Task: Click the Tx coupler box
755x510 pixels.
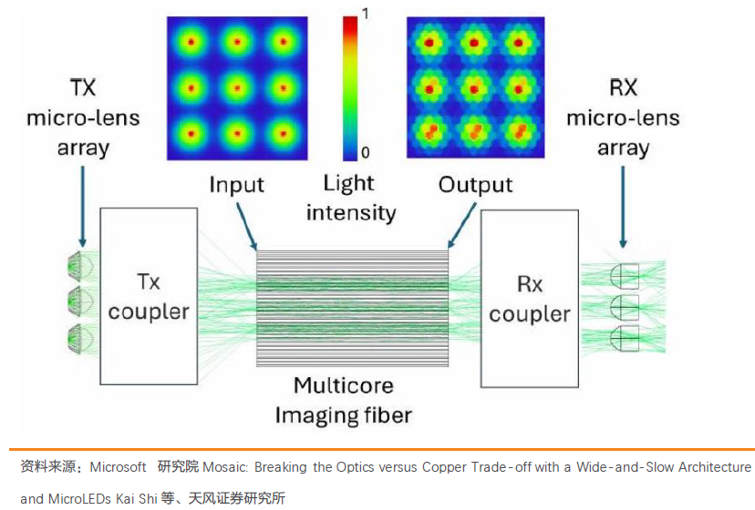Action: tap(150, 296)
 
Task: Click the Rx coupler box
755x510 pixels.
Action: tap(529, 298)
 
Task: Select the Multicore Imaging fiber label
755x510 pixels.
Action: tap(344, 400)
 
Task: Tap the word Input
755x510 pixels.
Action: tap(236, 185)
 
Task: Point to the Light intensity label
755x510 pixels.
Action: tap(350, 198)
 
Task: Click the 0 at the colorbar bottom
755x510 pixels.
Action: tap(365, 151)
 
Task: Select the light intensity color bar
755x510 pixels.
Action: tap(350, 86)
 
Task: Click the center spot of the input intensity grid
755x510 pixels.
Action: tap(237, 88)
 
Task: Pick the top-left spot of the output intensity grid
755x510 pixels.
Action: tap(429, 42)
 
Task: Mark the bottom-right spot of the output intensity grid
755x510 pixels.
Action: tap(519, 133)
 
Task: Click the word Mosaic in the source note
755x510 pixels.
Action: tap(222, 467)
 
